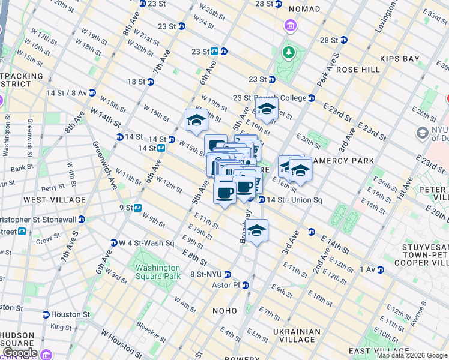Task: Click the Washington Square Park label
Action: (157, 272)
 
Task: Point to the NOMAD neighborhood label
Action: (304, 10)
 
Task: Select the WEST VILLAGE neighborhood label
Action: (46, 199)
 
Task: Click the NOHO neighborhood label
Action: (225, 310)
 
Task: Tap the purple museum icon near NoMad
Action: (290, 26)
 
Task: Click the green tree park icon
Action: (289, 52)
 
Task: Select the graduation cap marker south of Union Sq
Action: (256, 231)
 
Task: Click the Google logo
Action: (20, 353)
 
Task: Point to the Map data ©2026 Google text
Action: (411, 355)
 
